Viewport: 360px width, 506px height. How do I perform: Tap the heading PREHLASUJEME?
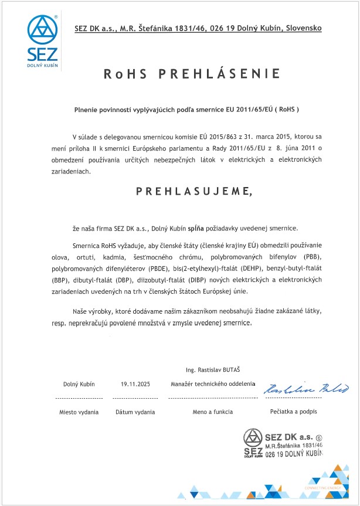[188, 191]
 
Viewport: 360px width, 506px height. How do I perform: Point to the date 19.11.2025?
[136, 384]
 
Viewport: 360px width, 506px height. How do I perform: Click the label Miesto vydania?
[79, 412]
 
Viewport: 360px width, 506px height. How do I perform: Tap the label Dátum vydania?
[135, 412]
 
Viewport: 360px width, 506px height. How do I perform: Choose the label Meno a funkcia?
[213, 412]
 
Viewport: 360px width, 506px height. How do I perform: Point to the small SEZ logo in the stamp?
[253, 443]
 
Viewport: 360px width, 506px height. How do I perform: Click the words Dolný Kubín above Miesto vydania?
[79, 384]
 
